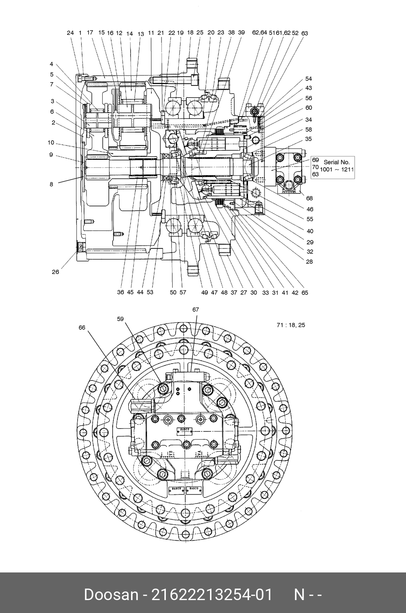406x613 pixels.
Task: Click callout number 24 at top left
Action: click(70, 33)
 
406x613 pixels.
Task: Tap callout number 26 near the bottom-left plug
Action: click(55, 272)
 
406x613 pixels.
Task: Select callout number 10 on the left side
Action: click(51, 142)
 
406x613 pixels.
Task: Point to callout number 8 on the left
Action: click(51, 184)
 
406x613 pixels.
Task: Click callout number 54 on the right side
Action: click(309, 79)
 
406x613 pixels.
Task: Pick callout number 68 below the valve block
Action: click(309, 198)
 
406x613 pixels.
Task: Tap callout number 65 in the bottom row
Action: click(305, 293)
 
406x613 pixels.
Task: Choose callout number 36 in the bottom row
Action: click(121, 292)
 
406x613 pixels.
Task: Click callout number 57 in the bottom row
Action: click(183, 292)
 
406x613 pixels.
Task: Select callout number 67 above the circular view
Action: click(196, 309)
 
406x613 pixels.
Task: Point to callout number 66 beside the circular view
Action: click(82, 327)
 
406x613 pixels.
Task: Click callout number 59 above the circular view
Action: click(120, 318)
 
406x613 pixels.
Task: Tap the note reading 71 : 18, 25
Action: click(291, 325)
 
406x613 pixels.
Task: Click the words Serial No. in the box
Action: click(336, 162)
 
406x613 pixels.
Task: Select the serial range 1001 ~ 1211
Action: click(337, 169)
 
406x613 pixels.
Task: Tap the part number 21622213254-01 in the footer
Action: click(212, 595)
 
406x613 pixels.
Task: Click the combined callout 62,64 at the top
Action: click(260, 33)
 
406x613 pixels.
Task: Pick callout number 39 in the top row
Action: click(241, 32)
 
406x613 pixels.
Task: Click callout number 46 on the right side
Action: click(310, 209)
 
